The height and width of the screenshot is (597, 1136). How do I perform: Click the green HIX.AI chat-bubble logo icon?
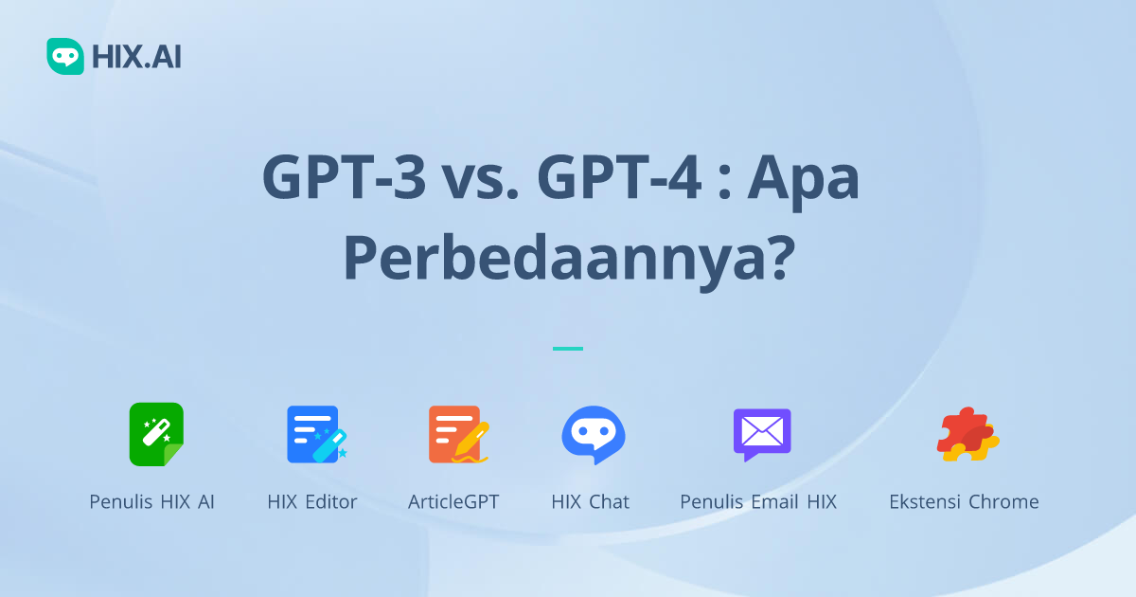pyautogui.click(x=65, y=56)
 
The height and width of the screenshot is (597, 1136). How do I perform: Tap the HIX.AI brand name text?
pyautogui.click(x=136, y=57)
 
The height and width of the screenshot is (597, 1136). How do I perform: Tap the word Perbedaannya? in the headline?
pyautogui.click(x=567, y=257)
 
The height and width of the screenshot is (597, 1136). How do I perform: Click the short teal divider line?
pyautogui.click(x=568, y=349)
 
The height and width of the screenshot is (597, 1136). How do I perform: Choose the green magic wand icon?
pyautogui.click(x=156, y=434)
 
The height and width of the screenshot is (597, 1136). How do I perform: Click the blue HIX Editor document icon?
pyautogui.click(x=316, y=434)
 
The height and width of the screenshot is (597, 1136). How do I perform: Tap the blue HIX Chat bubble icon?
pyautogui.click(x=593, y=434)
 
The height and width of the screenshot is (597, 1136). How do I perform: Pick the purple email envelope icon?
pyautogui.click(x=761, y=434)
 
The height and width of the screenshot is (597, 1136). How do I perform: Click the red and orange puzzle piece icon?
pyautogui.click(x=967, y=434)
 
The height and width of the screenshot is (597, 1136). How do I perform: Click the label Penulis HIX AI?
pyautogui.click(x=151, y=502)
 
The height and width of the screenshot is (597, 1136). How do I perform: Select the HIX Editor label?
pyautogui.click(x=312, y=502)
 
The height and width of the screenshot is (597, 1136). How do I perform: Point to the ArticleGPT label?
pyautogui.click(x=453, y=502)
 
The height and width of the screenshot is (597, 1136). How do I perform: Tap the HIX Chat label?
pyautogui.click(x=590, y=502)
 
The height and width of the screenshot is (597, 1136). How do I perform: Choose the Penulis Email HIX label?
pyautogui.click(x=758, y=502)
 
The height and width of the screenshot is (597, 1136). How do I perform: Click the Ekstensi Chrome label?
pyautogui.click(x=964, y=502)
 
